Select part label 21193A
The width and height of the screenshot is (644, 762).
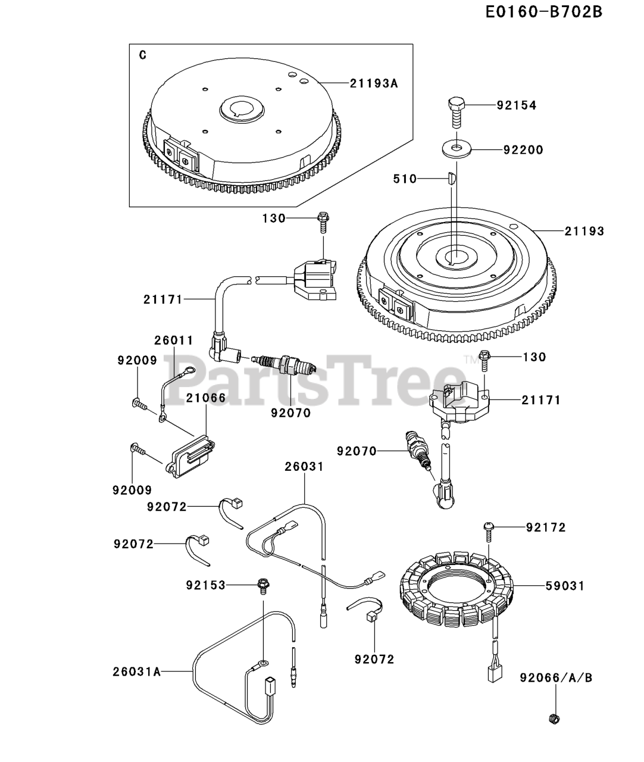(373, 83)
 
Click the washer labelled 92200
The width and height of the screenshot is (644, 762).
(457, 149)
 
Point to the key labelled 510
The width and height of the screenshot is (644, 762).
(451, 178)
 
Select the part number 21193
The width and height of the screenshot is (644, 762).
(584, 231)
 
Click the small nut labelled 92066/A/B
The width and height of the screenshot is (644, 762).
(553, 719)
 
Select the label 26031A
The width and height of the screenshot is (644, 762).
(137, 672)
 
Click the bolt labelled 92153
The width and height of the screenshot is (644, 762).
(262, 585)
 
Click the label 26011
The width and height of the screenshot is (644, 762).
(174, 341)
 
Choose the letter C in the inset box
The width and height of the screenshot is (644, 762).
(142, 55)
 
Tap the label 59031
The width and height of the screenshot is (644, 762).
(565, 586)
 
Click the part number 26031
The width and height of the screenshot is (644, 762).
(304, 467)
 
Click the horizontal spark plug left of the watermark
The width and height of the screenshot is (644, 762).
(283, 363)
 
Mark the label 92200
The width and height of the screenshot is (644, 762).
(523, 150)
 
